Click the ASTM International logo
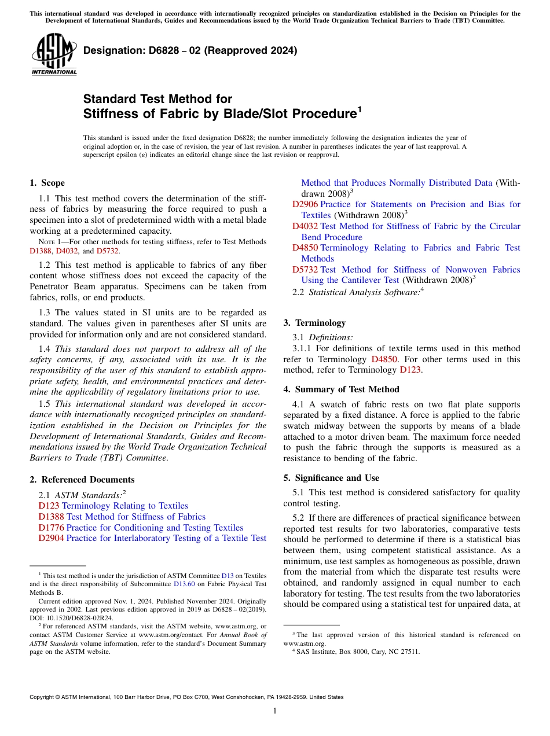[x=53, y=55]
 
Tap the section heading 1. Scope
[x=47, y=183]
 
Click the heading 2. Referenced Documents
[x=82, y=480]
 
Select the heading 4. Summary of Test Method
[x=341, y=389]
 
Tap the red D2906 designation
[x=305, y=204]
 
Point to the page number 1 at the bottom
[x=275, y=711]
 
